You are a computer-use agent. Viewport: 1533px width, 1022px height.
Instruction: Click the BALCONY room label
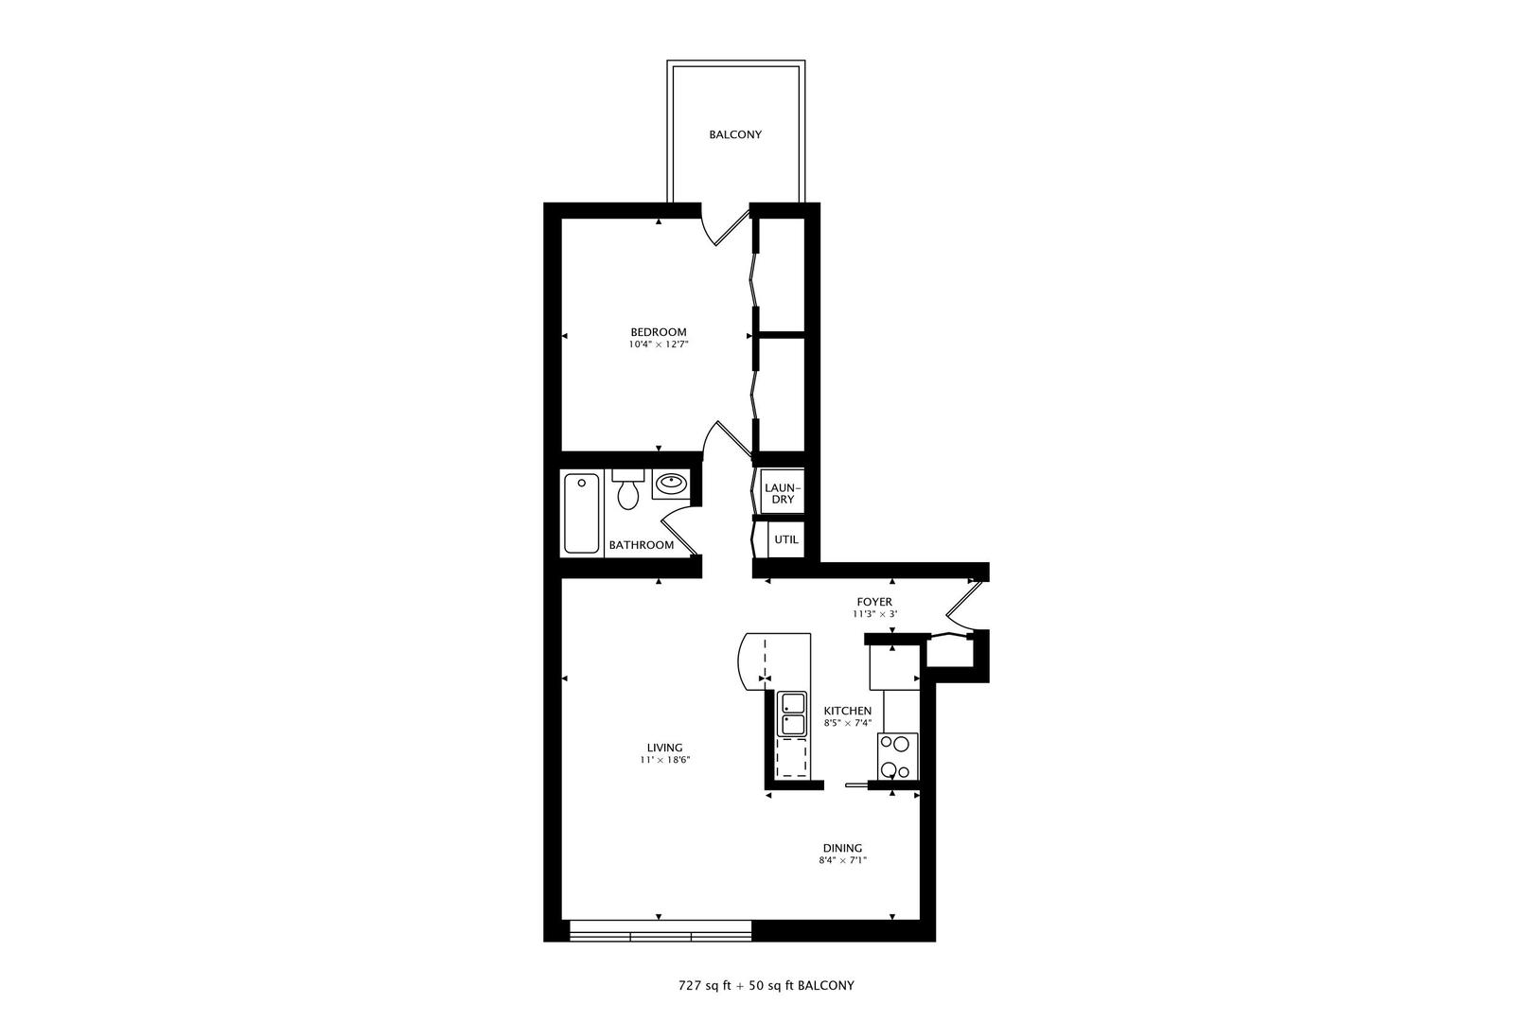point(735,135)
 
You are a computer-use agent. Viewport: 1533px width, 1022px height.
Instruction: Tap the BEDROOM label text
point(659,332)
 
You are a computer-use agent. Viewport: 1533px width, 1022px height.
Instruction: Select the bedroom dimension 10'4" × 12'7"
point(659,345)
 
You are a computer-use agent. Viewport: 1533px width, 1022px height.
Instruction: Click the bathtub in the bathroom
point(582,513)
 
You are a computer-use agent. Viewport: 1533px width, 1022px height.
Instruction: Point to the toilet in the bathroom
point(627,488)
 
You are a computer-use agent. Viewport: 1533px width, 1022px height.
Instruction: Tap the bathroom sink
point(671,484)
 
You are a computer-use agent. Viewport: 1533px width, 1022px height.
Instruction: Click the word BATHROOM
point(642,545)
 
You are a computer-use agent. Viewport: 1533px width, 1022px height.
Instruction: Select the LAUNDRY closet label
point(783,494)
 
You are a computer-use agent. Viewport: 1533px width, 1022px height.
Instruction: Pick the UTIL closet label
point(786,539)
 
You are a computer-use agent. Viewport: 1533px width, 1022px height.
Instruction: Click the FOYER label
point(874,602)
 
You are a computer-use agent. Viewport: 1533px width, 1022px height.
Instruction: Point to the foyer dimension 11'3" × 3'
point(874,615)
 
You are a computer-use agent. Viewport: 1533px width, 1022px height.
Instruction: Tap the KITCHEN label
point(847,711)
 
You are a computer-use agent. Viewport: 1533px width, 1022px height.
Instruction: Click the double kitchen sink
point(792,714)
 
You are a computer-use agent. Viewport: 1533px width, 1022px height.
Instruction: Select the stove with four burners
point(897,756)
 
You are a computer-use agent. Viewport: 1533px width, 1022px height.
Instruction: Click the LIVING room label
point(664,748)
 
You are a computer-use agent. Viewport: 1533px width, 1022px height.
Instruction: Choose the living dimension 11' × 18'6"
point(664,760)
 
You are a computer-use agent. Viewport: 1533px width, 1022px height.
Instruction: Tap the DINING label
point(842,848)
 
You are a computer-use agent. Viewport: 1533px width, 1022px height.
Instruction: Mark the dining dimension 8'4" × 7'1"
point(842,860)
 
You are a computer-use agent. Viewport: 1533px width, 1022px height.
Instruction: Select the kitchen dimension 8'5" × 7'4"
point(847,723)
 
